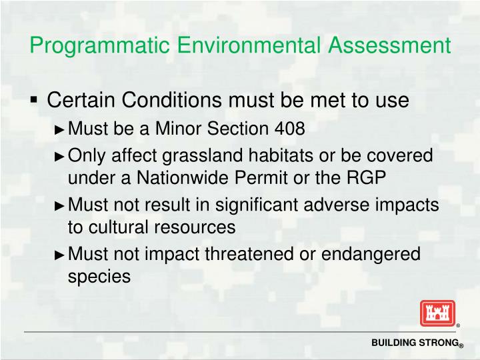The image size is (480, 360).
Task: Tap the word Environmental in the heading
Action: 252,46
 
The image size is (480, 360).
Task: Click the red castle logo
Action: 437,313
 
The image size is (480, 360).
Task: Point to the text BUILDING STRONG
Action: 415,343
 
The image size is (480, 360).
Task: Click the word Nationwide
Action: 170,179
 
